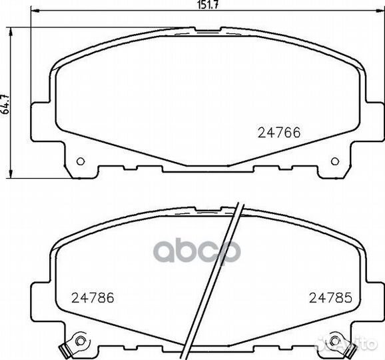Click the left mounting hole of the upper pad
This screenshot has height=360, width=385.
(x=81, y=161)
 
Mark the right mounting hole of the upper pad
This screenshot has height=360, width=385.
(x=335, y=161)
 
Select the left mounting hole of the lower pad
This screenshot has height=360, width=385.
(x=81, y=341)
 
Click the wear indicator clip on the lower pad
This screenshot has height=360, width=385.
(x=65, y=348)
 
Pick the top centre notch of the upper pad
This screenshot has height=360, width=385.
(x=208, y=28)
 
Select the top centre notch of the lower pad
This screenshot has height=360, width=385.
(x=208, y=209)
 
